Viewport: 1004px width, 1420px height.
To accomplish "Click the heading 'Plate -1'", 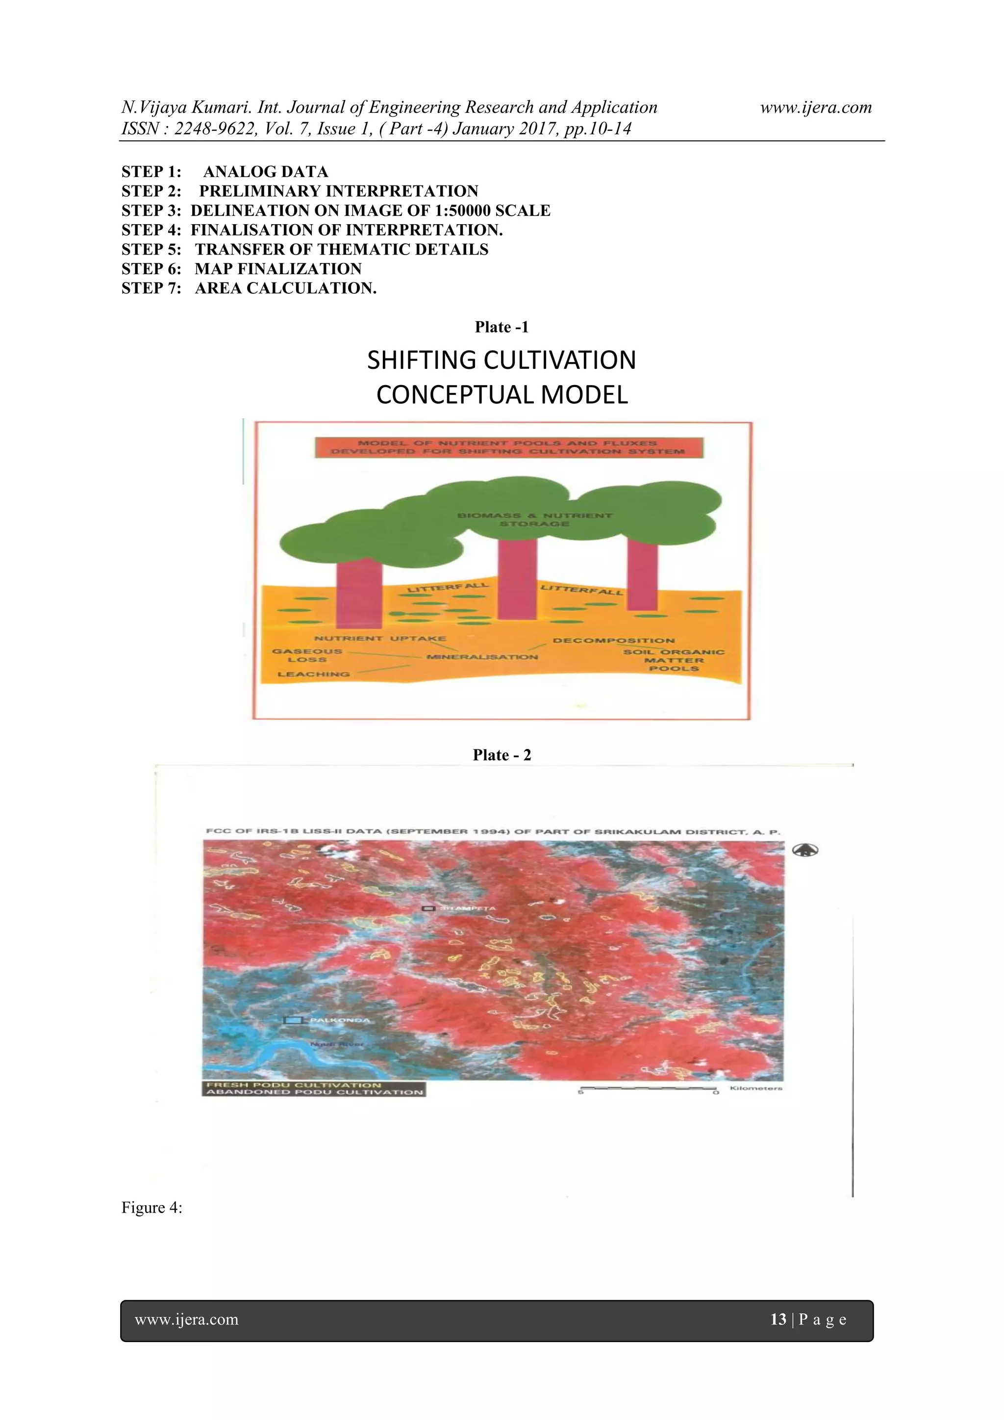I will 502,327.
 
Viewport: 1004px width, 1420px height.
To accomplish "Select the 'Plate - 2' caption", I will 502,755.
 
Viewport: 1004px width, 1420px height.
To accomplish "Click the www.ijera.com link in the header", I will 815,107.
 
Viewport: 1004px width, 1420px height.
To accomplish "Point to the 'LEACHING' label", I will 313,674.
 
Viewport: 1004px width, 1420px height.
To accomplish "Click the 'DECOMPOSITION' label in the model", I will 613,641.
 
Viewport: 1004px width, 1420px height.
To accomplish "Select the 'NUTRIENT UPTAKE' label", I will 379,638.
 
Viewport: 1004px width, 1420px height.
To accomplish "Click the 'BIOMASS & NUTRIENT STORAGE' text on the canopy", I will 534,519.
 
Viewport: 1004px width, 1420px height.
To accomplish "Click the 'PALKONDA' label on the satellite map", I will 339,1020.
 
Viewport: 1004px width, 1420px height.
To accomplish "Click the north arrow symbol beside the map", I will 805,851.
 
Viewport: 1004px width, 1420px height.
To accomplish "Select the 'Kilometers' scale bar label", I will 755,1088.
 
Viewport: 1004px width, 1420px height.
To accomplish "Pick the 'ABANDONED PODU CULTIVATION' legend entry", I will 314,1092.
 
